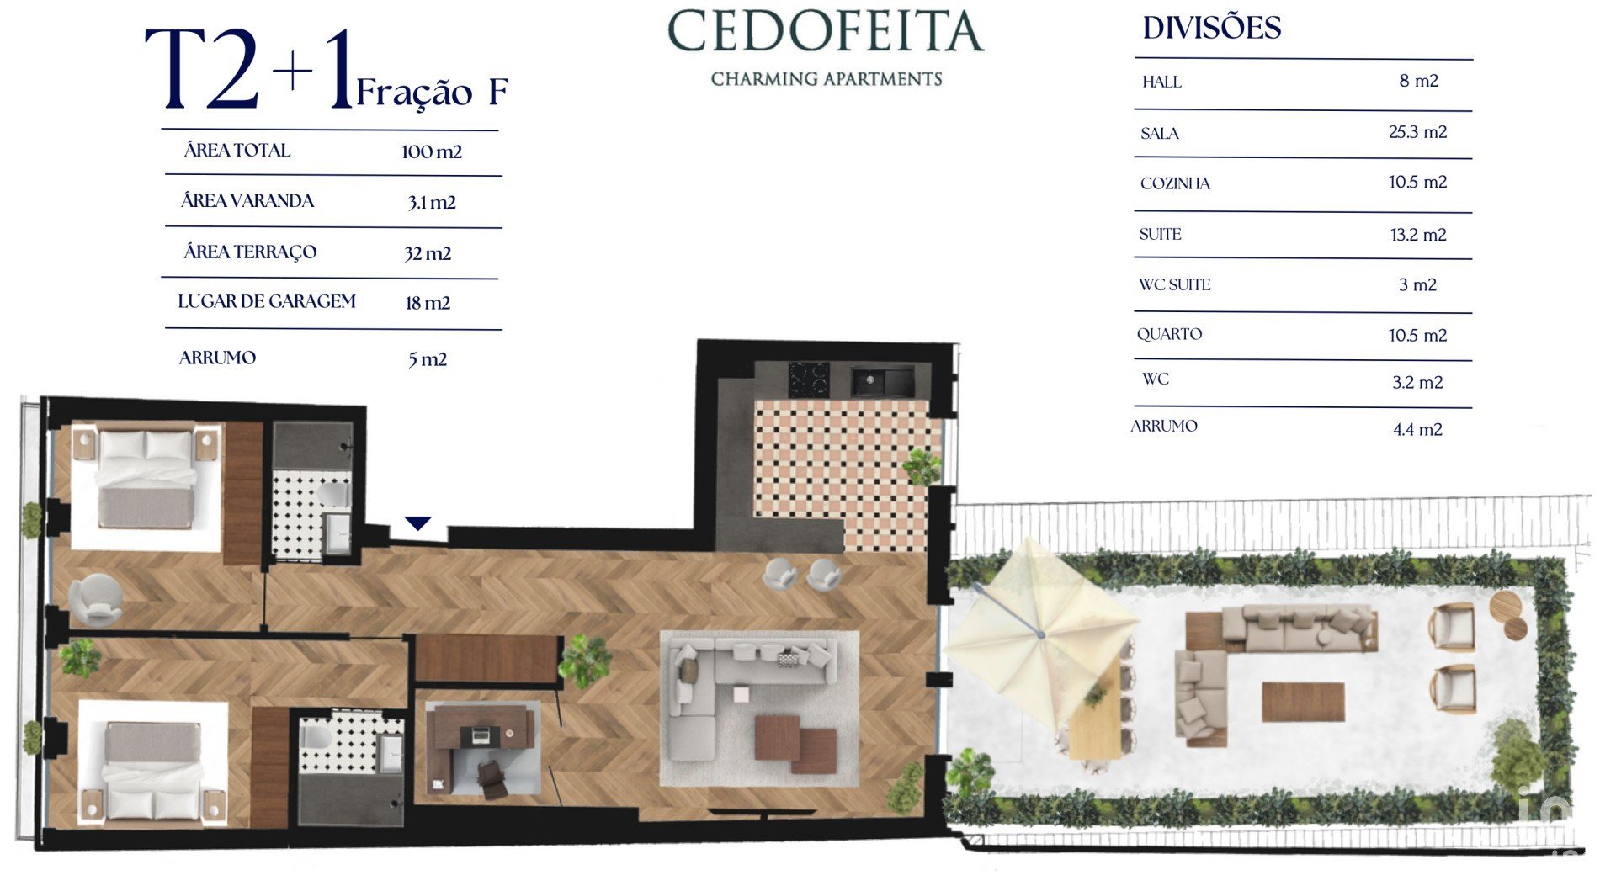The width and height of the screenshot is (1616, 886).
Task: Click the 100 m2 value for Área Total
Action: point(432,151)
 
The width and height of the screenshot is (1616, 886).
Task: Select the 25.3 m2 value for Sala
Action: point(1417,132)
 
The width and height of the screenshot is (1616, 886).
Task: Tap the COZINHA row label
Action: point(1175,183)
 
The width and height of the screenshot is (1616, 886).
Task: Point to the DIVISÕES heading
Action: point(1211,28)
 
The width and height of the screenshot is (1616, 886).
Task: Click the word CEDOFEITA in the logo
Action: point(826,31)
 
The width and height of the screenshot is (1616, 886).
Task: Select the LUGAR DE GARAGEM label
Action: point(267,301)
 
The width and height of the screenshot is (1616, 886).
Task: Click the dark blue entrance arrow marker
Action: point(418,523)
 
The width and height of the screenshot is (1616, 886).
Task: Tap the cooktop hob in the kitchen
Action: point(808,379)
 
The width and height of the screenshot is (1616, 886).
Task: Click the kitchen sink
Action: point(882,380)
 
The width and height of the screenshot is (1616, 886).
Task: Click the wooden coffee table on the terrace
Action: point(1303,702)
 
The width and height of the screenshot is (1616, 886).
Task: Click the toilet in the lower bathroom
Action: point(316,737)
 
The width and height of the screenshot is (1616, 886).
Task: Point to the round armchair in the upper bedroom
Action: point(95,599)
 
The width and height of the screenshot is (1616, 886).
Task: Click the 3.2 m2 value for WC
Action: point(1417,383)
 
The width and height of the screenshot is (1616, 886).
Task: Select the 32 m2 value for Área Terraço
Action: point(428,253)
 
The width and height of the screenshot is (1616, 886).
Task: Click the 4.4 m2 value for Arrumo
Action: point(1417,430)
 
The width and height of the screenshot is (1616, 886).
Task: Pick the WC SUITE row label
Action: point(1174,284)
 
